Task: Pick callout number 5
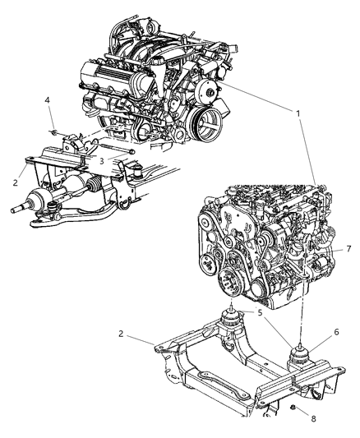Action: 260,313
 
